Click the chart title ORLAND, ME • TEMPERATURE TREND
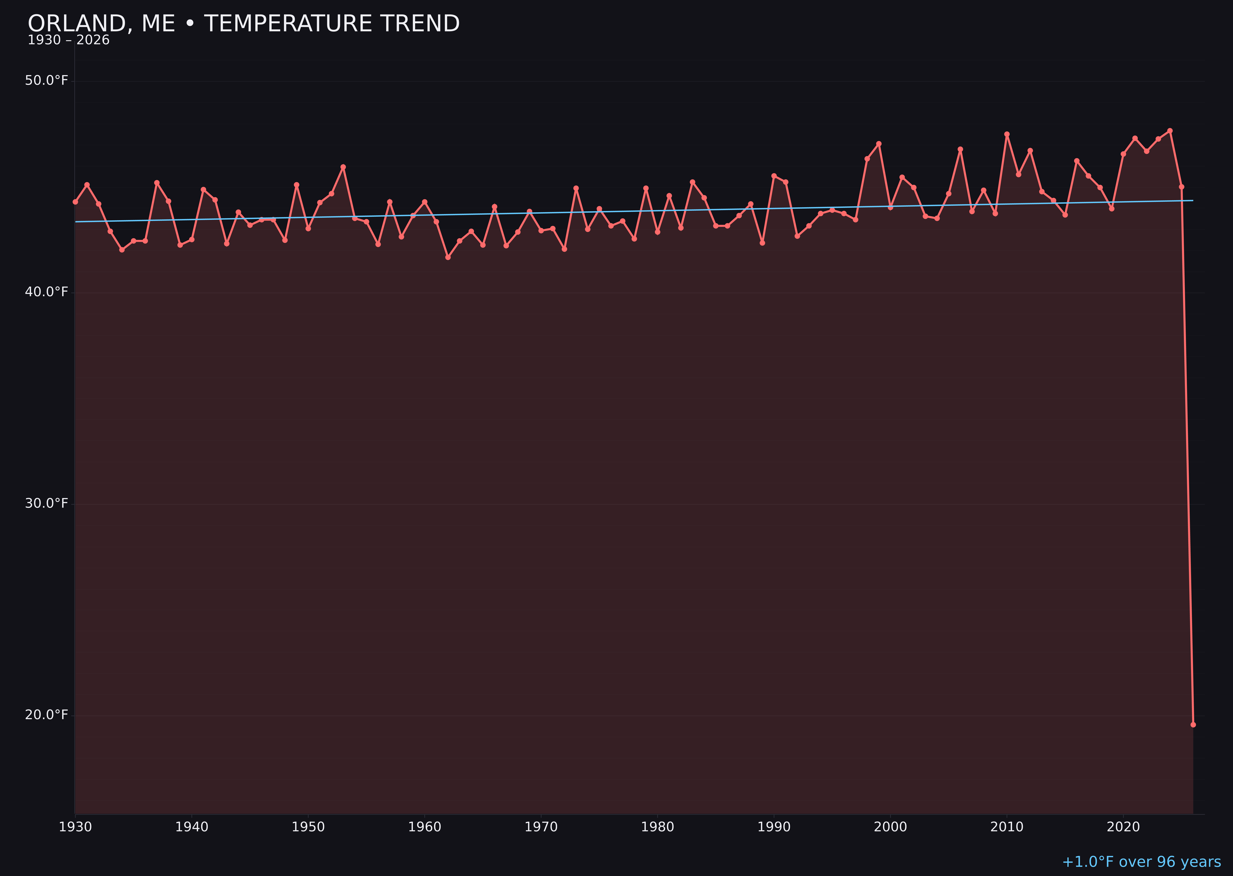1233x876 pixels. (244, 24)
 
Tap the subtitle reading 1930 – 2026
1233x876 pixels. (68, 40)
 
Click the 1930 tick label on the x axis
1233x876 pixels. (76, 827)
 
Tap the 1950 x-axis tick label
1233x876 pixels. (308, 827)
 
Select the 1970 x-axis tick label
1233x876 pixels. (541, 827)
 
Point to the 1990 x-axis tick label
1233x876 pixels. (774, 827)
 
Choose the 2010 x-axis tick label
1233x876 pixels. (1007, 827)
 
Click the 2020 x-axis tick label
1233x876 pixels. (1123, 827)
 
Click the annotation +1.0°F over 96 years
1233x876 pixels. (1141, 862)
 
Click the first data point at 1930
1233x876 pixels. (76, 202)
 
